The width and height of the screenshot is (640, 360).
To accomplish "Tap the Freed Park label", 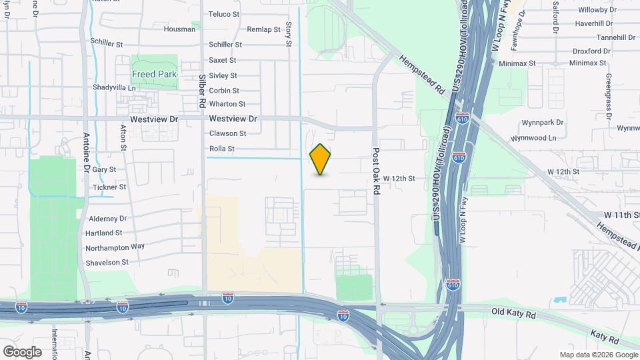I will click(154, 74).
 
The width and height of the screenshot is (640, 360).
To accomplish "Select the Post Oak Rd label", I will click(376, 171).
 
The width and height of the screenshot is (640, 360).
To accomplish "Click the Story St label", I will click(289, 34).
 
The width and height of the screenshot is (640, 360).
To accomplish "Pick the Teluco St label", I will click(224, 14).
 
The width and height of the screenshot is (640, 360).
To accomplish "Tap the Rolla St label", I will click(222, 149).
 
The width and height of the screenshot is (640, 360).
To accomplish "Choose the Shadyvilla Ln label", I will click(114, 87).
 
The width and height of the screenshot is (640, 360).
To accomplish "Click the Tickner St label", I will click(109, 187).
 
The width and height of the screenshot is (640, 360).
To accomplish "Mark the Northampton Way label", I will click(115, 247).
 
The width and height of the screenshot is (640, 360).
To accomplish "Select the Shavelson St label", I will click(107, 263).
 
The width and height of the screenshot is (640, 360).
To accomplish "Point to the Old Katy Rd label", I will click(514, 311).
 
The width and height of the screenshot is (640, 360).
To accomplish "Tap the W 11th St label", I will click(621, 215).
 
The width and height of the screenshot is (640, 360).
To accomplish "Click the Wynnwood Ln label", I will click(533, 138).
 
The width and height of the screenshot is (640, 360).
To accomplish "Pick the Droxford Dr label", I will click(591, 51).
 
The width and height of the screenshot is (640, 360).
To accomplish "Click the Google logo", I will click(22, 351).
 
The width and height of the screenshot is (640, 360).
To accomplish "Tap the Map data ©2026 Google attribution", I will click(598, 355).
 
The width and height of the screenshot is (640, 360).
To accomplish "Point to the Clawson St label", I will click(227, 134).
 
